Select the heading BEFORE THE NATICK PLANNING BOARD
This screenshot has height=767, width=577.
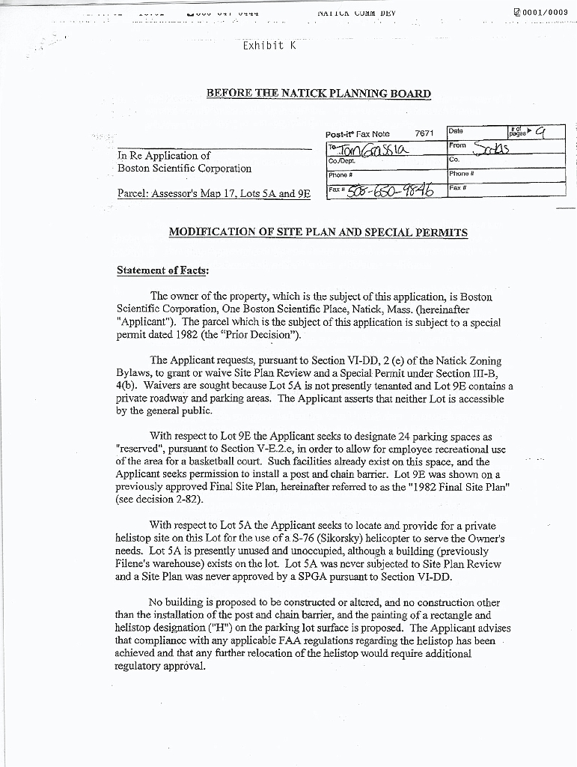[319, 94]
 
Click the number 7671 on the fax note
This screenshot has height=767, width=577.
[424, 133]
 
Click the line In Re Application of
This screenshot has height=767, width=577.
[164, 155]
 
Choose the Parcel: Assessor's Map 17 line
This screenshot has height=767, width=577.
[214, 193]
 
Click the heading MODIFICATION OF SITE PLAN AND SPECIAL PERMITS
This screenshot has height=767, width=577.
[318, 232]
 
